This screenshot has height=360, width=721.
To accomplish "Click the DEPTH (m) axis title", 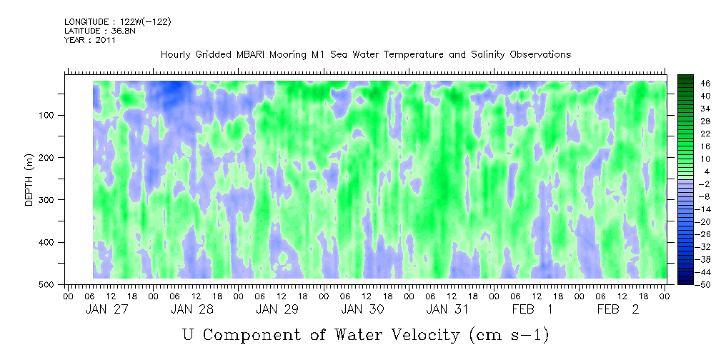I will pos(29,182).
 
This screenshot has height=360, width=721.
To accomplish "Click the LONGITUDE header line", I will pos(117,21).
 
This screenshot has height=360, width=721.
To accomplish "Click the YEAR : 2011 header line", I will pos(90,40).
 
